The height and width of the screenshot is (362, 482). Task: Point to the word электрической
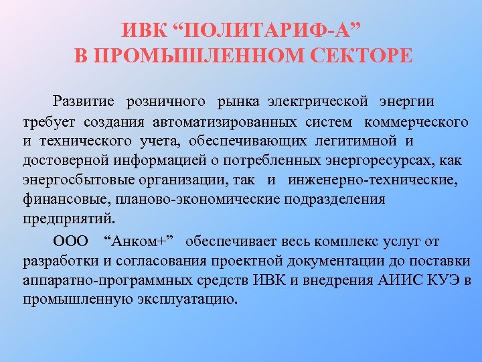pyautogui.click(x=318, y=101)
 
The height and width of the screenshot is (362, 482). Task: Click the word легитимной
pyautogui.click(x=362, y=141)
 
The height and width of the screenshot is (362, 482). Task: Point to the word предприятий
pyautogui.click(x=68, y=219)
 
